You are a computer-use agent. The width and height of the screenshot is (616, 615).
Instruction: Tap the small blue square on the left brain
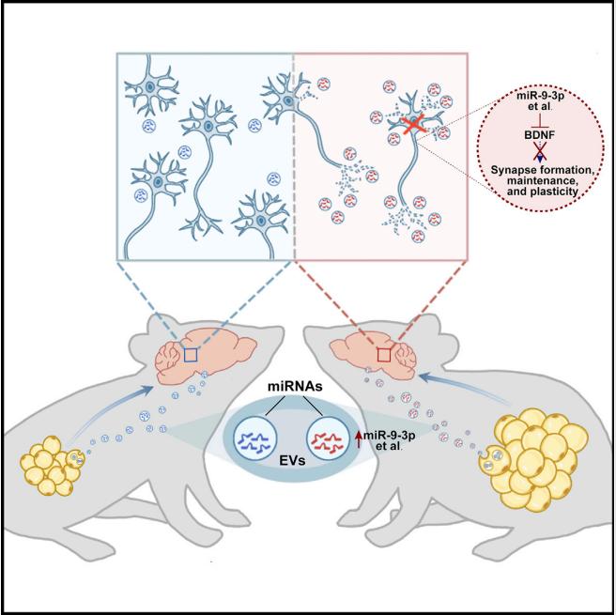(191, 355)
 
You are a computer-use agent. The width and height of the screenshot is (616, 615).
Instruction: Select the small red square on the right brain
(384, 355)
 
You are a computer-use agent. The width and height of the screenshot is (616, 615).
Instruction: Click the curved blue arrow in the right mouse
(461, 386)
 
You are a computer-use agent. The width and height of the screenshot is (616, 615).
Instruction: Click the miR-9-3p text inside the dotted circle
(538, 95)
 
